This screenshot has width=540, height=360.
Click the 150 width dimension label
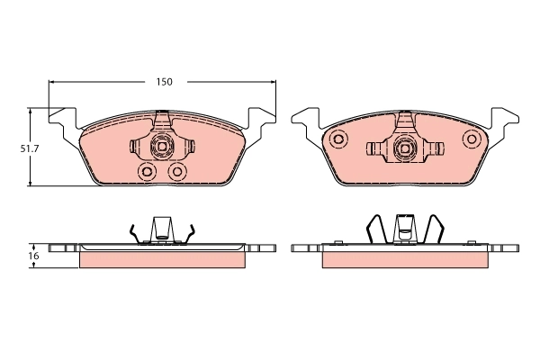click(163, 82)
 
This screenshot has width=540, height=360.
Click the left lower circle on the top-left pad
click(147, 170)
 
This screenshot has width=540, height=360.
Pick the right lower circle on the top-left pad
click(177, 170)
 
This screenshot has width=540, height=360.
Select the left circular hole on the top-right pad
click(338, 139)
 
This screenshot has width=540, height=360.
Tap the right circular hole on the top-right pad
click(471, 139)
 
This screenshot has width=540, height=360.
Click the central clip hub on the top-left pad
click(163, 146)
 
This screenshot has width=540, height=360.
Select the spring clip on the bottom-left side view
click(162, 230)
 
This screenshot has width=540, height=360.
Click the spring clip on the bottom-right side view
click(405, 229)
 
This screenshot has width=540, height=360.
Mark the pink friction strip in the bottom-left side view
click(162, 259)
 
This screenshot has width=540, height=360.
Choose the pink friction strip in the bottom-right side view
click(405, 259)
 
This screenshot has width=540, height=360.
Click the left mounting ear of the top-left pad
click(60, 120)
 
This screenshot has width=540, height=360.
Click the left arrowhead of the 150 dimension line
click(51, 82)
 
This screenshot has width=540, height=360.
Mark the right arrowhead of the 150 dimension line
click(274, 82)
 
